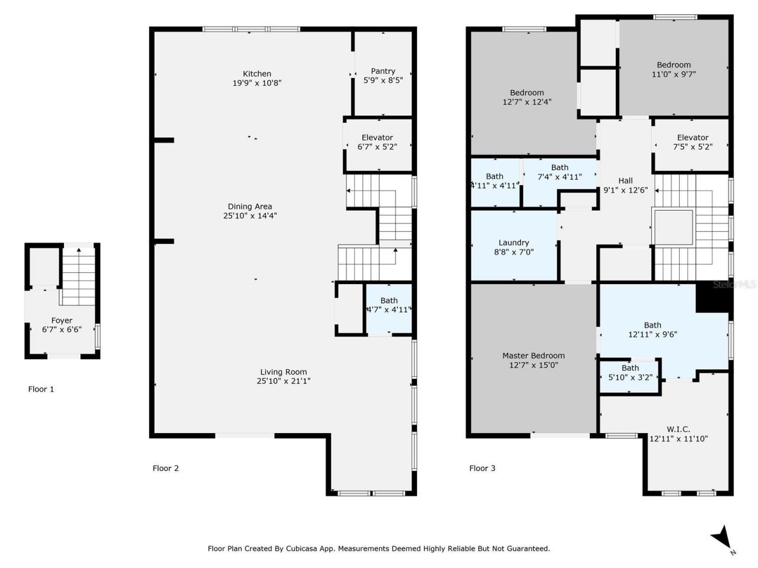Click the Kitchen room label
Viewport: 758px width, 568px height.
tap(256, 74)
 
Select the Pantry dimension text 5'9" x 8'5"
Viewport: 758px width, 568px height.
tap(383, 80)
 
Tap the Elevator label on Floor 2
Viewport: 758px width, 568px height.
tap(377, 137)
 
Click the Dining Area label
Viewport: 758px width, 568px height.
tap(250, 206)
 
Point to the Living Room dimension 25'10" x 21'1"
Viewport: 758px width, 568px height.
tap(284, 382)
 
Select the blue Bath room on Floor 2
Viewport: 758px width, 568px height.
tap(388, 309)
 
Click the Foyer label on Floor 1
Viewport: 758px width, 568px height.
tap(62, 321)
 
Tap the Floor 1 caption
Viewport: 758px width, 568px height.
tap(41, 389)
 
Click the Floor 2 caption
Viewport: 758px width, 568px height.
tap(166, 469)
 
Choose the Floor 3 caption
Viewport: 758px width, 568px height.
tap(482, 469)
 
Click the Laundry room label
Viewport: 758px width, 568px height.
tap(513, 243)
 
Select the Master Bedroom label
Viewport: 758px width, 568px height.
tap(533, 356)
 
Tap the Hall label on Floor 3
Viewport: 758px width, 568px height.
tap(625, 181)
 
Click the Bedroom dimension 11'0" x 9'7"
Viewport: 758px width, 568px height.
tap(673, 75)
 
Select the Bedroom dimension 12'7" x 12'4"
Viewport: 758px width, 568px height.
tap(526, 102)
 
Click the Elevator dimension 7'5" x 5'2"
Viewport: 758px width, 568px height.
tap(692, 147)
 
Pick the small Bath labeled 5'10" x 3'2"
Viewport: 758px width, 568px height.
tap(630, 372)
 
